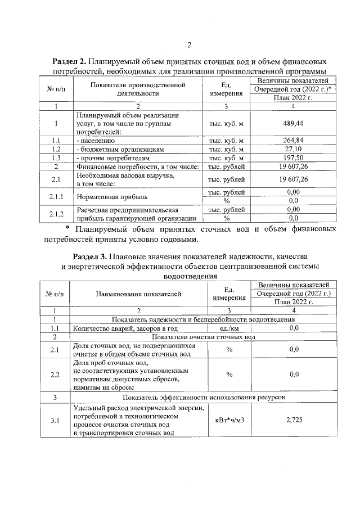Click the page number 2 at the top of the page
coord(190,45)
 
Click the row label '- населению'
coord(95,141)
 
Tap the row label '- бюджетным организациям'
coord(119,150)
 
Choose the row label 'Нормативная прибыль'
coord(112,197)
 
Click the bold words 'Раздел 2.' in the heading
coord(70,61)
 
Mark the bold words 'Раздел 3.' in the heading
coord(91,256)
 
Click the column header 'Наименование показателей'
coord(138,294)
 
